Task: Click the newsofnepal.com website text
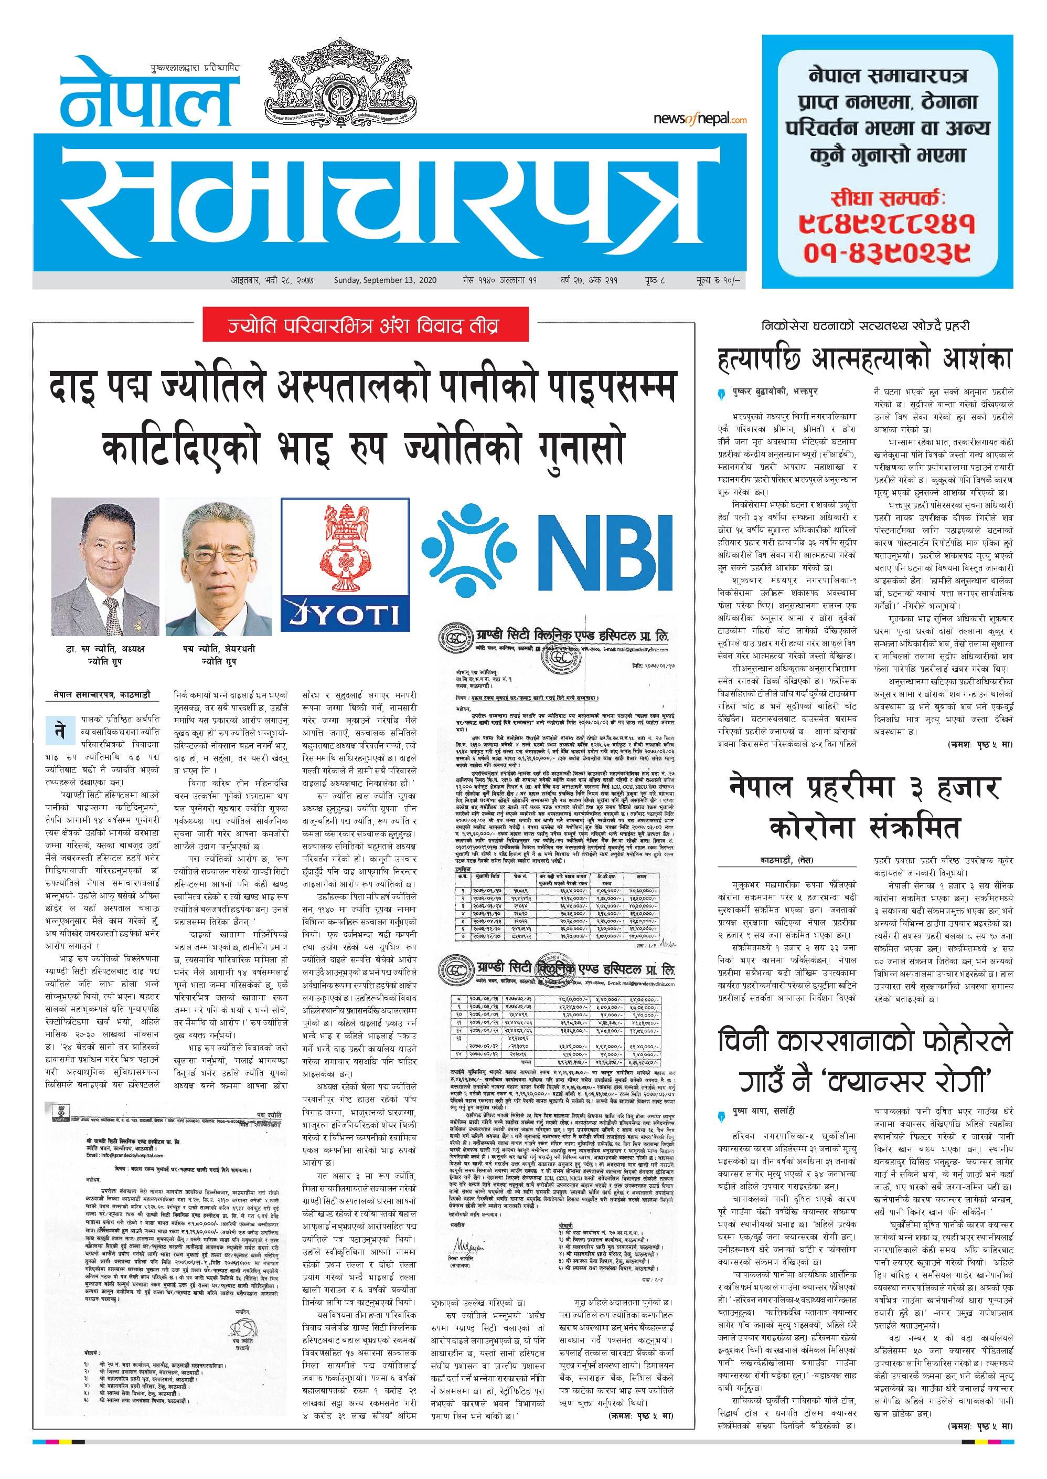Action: [700, 119]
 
